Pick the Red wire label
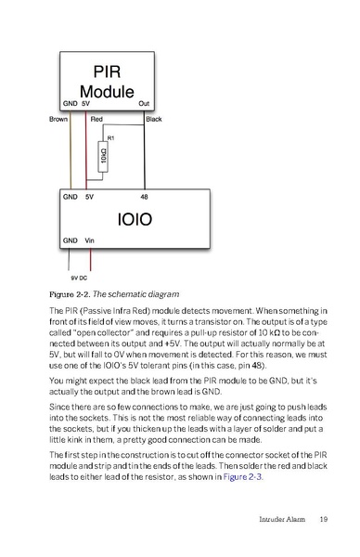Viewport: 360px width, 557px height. [x=96, y=119]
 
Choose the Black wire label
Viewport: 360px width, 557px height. [x=154, y=119]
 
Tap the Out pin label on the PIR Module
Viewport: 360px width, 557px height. [x=144, y=103]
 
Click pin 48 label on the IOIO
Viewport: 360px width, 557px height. [x=144, y=198]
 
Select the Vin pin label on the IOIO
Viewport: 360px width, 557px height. [x=90, y=240]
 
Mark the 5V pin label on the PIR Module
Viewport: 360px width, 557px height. [x=86, y=103]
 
